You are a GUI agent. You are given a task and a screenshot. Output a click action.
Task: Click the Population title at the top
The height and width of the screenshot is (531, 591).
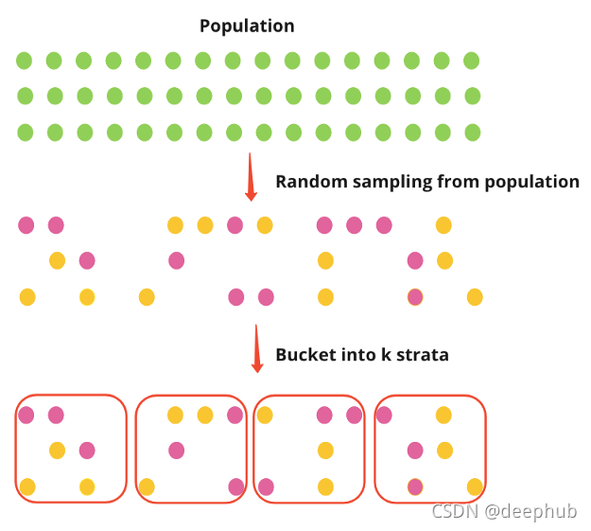coord(247,26)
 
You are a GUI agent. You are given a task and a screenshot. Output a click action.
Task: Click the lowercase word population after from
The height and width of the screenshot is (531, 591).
coord(532,182)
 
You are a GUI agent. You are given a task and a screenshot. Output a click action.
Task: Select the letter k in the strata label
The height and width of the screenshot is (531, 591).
coord(385,356)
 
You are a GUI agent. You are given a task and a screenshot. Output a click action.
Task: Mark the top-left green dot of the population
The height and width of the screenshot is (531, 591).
coord(25,61)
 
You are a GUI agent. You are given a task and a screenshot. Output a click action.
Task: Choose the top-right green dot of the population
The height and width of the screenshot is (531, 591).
coord(472,61)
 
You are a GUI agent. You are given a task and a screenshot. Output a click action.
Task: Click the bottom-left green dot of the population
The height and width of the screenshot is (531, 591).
coord(25,133)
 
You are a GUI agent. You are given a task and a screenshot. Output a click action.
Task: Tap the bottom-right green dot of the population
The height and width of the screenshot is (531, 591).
coord(472,133)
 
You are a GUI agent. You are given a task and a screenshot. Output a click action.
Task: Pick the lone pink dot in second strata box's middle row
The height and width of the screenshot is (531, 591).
coord(176,450)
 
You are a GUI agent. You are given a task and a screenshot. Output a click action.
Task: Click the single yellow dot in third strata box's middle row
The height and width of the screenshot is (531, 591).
coord(325,450)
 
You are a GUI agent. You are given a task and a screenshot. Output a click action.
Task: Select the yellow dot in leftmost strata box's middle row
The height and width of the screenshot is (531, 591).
coord(57,450)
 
